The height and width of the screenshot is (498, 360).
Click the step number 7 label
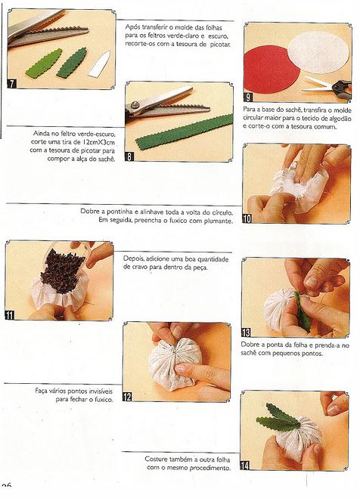(x=12, y=84)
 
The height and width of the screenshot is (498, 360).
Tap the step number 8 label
(x=129, y=156)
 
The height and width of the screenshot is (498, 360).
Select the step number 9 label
(x=248, y=97)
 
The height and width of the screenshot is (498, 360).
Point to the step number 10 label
(x=247, y=218)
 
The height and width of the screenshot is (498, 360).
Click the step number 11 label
(x=10, y=315)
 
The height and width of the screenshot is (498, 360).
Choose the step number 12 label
(x=127, y=397)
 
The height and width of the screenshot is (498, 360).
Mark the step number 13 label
(x=246, y=333)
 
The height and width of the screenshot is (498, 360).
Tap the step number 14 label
(x=245, y=466)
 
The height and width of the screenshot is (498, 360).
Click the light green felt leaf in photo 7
(x=44, y=63)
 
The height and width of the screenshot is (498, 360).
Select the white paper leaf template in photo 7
(x=99, y=64)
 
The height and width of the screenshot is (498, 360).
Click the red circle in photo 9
(x=271, y=70)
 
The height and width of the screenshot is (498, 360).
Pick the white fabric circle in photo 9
(x=318, y=52)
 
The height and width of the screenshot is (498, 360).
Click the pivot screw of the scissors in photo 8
(x=135, y=104)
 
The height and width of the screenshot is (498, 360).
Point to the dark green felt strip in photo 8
(x=184, y=132)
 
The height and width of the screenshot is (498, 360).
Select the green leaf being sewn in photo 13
(x=303, y=312)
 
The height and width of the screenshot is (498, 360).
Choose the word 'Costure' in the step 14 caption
(x=156, y=459)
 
